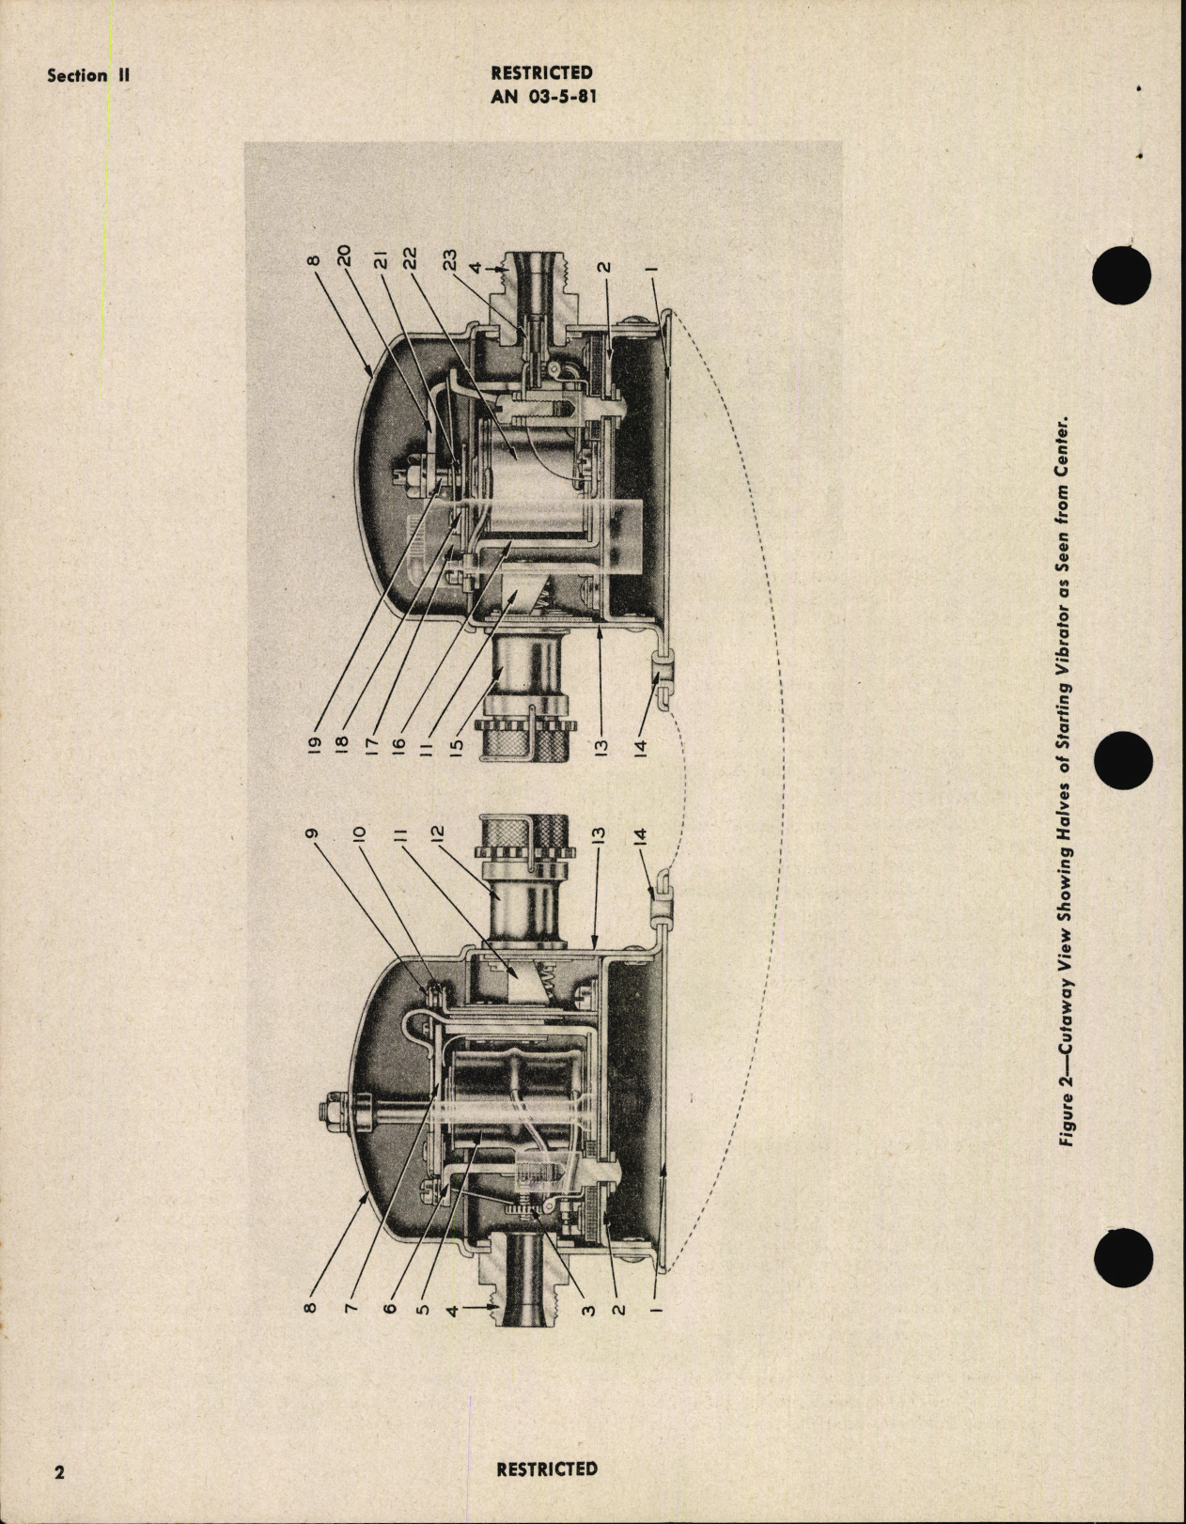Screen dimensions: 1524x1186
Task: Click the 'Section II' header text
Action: (x=88, y=76)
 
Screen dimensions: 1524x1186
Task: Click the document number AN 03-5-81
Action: (x=541, y=93)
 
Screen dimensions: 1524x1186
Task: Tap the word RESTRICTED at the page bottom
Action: (x=546, y=1468)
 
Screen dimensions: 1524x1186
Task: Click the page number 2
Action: (x=59, y=1471)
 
